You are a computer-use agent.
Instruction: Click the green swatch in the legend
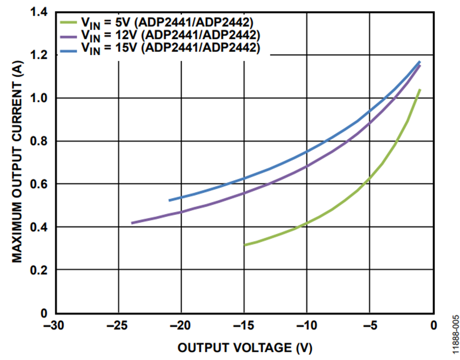click(67, 22)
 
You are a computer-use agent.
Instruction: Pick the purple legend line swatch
click(67, 35)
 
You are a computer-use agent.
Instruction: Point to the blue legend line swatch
click(67, 49)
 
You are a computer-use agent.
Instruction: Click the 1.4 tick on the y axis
click(40, 12)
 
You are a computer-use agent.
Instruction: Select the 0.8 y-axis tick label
click(40, 141)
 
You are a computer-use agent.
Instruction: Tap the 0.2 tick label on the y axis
click(40, 270)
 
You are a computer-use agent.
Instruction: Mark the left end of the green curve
click(245, 245)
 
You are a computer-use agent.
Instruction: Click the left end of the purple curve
click(132, 223)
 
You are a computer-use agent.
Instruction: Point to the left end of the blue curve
click(170, 200)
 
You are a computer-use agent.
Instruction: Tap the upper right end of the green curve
click(420, 90)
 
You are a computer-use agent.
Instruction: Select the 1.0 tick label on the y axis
click(40, 98)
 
